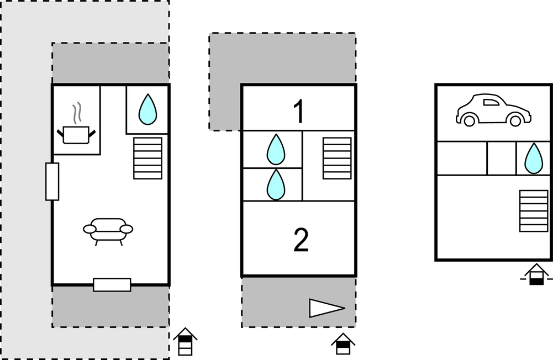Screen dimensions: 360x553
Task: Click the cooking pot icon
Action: (x=76, y=134)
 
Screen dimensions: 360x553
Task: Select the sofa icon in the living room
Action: (x=108, y=230)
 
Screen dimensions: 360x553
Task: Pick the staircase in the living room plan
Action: (x=148, y=158)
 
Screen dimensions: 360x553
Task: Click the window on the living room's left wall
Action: (x=52, y=182)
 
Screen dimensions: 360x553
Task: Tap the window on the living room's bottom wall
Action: (x=112, y=285)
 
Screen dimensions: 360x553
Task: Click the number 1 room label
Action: (x=299, y=112)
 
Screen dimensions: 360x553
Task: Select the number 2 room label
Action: (x=300, y=240)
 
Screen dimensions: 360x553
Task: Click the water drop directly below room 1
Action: (x=275, y=150)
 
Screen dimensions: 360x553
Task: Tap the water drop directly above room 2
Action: (x=275, y=184)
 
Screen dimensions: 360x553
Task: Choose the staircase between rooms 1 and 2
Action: (x=337, y=158)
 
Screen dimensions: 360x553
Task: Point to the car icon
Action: (x=493, y=109)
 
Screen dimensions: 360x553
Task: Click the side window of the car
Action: (x=491, y=101)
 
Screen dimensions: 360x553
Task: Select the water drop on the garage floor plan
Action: (x=533, y=158)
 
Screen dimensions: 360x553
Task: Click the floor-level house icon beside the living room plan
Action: (x=185, y=342)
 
